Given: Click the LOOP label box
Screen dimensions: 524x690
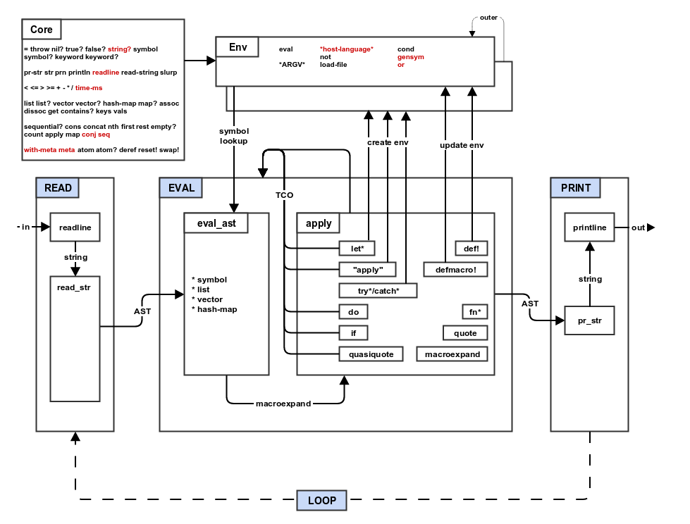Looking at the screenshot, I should tap(322, 500).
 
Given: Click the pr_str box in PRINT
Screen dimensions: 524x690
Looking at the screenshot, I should tap(590, 320).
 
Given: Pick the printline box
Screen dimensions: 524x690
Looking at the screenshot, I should tap(590, 227).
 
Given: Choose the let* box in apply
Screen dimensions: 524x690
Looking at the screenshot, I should tap(357, 249).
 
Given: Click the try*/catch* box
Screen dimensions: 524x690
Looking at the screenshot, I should tap(378, 290).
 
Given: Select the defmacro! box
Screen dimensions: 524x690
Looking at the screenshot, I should tap(455, 269).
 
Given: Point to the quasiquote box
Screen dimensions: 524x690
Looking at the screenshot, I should tap(371, 354).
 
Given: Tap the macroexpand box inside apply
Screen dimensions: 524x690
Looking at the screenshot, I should tap(452, 354).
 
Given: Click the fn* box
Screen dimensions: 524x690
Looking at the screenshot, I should tap(474, 311).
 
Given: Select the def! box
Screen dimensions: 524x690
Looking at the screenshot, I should tap(472, 249).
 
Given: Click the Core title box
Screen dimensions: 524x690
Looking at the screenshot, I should tap(42, 30).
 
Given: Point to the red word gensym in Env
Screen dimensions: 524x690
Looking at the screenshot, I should tap(411, 57).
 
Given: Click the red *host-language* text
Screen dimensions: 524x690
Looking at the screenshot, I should tap(346, 49).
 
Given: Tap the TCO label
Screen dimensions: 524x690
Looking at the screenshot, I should tap(285, 195).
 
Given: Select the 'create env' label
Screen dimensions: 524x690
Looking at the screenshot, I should tap(388, 143).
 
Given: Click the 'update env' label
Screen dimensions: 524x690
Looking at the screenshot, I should tap(462, 145).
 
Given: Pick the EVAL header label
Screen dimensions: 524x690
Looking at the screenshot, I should tap(181, 188).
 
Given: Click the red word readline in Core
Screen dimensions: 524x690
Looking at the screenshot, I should tap(106, 72).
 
